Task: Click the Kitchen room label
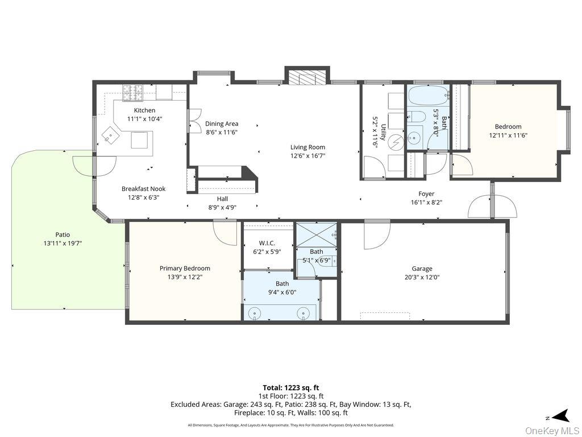click(x=144, y=110)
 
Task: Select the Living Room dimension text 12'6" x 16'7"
click(x=307, y=156)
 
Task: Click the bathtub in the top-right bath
click(x=429, y=96)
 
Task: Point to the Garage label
click(x=422, y=269)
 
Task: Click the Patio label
click(x=63, y=235)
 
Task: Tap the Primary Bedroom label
click(x=185, y=269)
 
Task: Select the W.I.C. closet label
click(x=267, y=244)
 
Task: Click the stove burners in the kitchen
click(x=133, y=93)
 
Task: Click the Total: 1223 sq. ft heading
click(x=291, y=388)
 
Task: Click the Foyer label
click(x=426, y=193)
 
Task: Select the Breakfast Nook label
click(x=144, y=189)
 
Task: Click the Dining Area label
click(x=222, y=123)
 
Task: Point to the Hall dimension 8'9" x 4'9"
click(x=222, y=208)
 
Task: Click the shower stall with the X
click(x=317, y=234)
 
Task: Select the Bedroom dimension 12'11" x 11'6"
click(x=508, y=135)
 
